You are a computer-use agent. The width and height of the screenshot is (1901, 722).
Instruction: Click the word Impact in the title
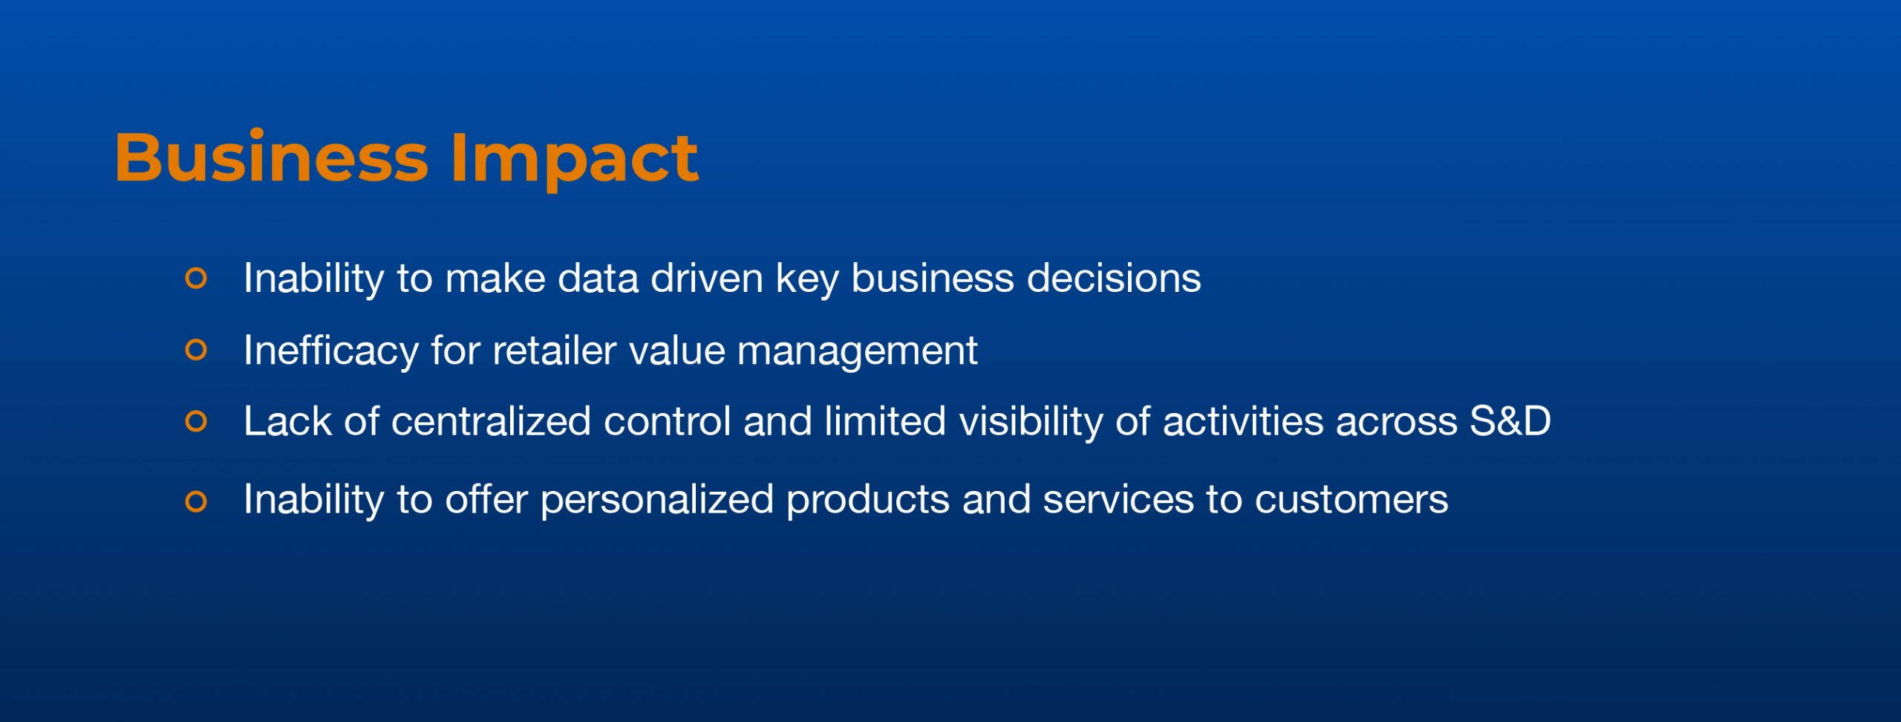[x=575, y=160]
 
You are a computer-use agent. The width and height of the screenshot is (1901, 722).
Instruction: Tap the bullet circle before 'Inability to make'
[x=196, y=279]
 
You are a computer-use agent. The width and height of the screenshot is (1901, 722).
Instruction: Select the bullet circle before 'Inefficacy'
[x=196, y=350]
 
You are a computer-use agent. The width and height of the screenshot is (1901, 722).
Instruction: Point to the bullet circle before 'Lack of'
[x=196, y=421]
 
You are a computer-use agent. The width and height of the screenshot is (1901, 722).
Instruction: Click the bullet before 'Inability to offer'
[x=196, y=501]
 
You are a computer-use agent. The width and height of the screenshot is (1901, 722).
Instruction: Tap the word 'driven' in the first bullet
[x=707, y=278]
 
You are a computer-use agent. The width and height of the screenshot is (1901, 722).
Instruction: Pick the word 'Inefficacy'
[x=331, y=351]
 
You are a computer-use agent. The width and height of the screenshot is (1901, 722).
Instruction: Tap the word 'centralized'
[x=492, y=421]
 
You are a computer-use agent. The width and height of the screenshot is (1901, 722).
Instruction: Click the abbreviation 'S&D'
[x=1510, y=421]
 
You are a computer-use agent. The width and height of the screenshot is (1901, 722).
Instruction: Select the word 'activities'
[x=1243, y=421]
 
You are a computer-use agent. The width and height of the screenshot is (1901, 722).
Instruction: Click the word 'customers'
[x=1351, y=500]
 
